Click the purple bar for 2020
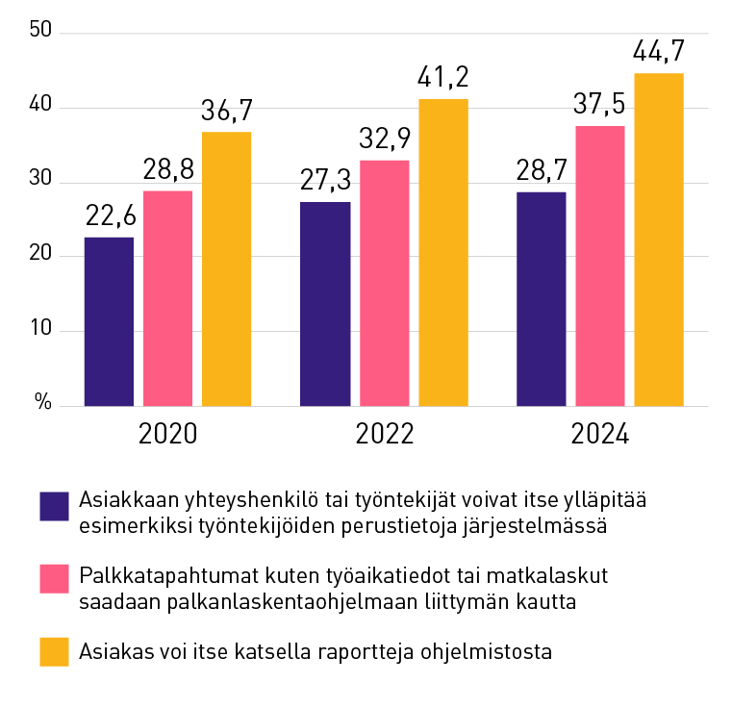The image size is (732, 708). click(x=109, y=321)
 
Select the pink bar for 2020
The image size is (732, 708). click(x=167, y=298)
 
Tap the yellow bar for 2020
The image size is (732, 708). click(x=226, y=268)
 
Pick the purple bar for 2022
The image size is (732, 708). click(x=325, y=304)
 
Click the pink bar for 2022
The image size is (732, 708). click(x=384, y=283)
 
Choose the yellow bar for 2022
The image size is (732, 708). click(x=442, y=252)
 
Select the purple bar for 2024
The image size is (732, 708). click(x=542, y=299)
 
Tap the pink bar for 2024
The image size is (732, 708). click(x=600, y=265)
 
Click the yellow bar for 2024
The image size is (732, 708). click(x=659, y=240)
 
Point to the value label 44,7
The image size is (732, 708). click(x=659, y=51)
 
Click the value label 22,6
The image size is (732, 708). click(x=110, y=215)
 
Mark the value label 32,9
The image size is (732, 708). click(x=384, y=139)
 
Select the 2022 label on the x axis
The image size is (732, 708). click(x=384, y=434)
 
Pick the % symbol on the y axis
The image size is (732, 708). click(x=43, y=403)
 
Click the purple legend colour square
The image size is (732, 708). click(x=54, y=506)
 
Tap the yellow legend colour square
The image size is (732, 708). click(x=54, y=651)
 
